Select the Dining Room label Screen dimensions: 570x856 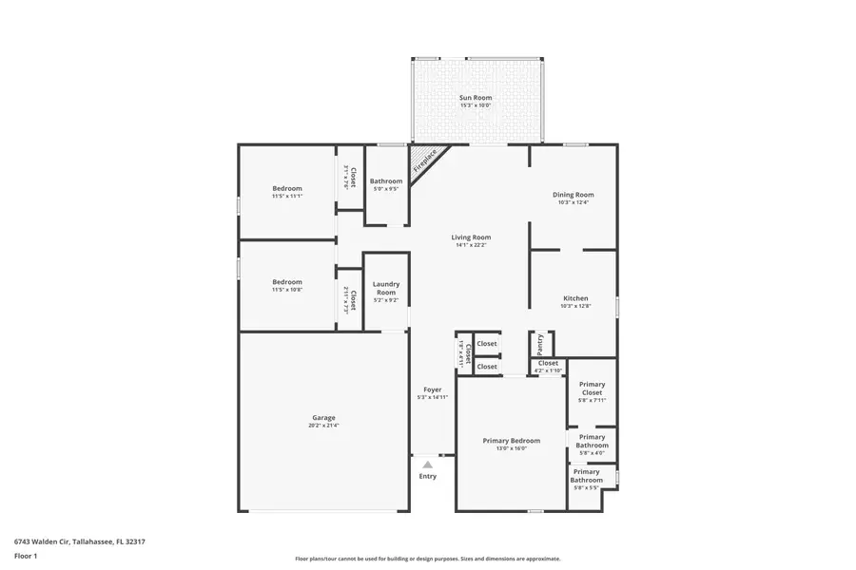tap(573, 195)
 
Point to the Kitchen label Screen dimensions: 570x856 tap(575, 298)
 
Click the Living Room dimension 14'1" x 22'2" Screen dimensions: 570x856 tap(471, 245)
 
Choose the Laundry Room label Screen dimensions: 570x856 tap(385, 288)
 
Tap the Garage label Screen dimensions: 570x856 tap(323, 417)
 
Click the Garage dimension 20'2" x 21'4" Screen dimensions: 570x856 tap(323, 426)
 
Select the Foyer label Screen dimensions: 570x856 tap(432, 389)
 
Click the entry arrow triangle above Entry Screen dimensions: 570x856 tap(428, 465)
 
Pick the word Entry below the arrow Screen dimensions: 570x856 tap(428, 476)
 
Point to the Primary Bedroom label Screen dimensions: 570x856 tap(511, 441)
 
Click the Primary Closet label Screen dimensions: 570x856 tap(592, 389)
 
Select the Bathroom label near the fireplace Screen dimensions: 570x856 tap(386, 181)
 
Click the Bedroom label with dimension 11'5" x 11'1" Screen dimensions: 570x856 tap(286, 188)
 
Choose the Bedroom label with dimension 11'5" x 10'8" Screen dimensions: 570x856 tap(286, 281)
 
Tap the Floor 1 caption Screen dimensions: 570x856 tap(26, 556)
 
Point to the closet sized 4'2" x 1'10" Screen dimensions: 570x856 tap(548, 366)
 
